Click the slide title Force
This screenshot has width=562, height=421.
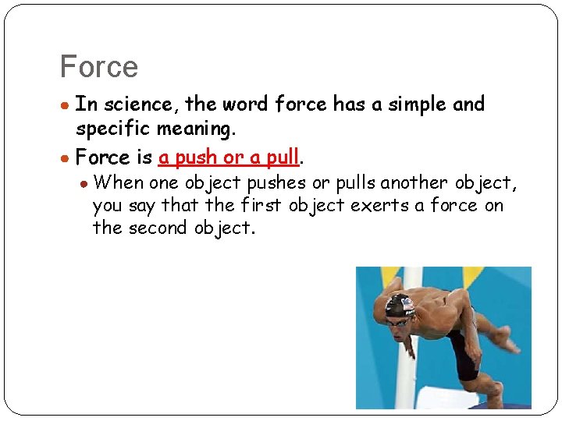98,67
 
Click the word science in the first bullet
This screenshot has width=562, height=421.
139,104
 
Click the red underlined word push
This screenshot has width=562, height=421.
197,157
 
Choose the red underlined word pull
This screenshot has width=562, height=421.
283,157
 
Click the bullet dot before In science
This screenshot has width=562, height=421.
67,105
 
